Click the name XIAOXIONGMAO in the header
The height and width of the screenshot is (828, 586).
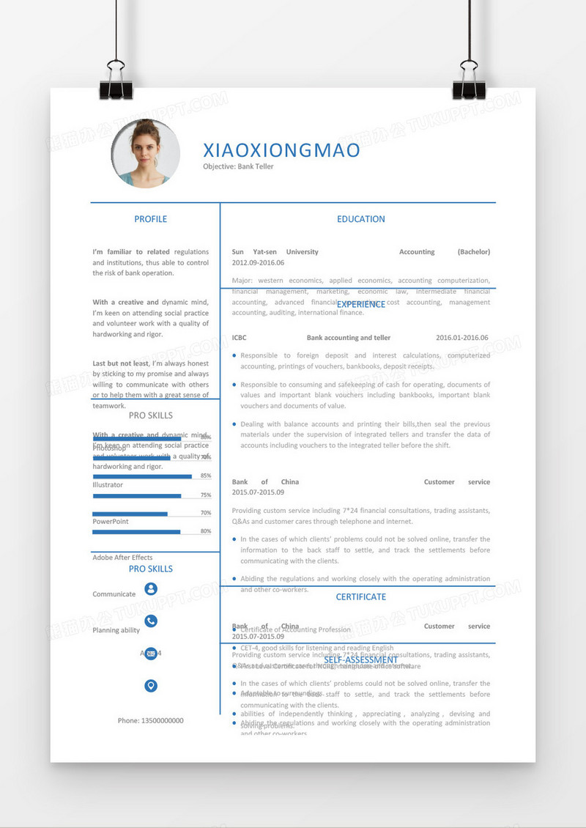pos(281,150)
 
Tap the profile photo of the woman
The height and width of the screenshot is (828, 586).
pos(146,154)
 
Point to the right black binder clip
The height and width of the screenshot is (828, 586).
pos(469,81)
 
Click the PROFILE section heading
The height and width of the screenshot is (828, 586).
pos(151,219)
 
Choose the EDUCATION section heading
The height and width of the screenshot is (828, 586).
pos(360,219)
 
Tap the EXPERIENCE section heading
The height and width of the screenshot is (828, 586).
pos(361,304)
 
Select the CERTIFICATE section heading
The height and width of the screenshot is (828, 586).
pos(360,597)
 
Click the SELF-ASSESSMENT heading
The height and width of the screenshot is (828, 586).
pos(361,660)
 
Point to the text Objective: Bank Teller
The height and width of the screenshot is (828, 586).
pos(238,167)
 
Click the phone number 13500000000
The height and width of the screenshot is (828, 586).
pos(151,721)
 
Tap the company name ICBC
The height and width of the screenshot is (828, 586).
pos(240,338)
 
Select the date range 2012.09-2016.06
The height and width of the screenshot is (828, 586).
pos(258,262)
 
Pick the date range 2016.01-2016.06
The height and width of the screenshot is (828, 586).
pos(461,338)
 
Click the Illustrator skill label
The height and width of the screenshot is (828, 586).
pos(108,485)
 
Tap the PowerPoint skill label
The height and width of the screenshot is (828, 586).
pos(111,522)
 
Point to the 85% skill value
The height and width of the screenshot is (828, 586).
pos(205,476)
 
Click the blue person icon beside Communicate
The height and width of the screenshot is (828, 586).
pos(151,588)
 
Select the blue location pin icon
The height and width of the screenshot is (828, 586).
pos(151,686)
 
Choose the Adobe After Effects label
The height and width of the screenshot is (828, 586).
pos(122,558)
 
